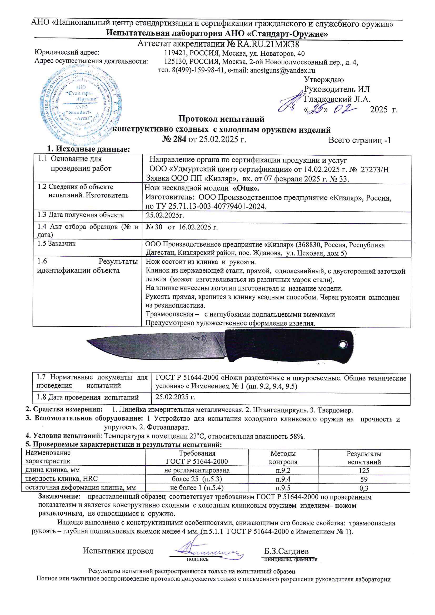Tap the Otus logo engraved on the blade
click(200, 338)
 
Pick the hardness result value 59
click(364, 479)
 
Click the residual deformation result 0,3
click(364, 488)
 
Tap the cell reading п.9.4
click(283, 479)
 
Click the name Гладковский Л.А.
click(337, 99)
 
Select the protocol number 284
click(179, 140)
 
